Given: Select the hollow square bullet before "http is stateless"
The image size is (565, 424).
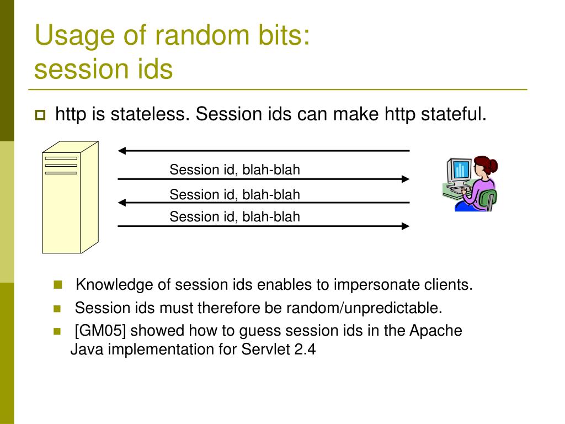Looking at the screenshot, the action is click(40, 115).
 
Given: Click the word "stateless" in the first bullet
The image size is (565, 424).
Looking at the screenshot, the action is click(150, 114).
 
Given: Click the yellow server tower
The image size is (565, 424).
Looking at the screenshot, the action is click(70, 197).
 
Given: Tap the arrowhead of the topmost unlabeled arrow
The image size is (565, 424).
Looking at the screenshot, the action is click(122, 151).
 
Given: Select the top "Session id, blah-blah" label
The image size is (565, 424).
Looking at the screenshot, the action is click(234, 169).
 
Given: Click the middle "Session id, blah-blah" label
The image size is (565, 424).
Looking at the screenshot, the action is click(234, 194).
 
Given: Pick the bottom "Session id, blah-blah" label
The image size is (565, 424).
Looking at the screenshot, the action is click(234, 216).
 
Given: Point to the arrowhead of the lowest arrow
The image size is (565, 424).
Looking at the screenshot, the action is click(406, 226).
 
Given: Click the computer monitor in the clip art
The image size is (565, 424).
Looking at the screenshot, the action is click(459, 171).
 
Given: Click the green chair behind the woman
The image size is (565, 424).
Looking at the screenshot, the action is click(488, 199).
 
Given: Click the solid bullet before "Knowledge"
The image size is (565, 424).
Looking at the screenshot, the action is click(57, 285).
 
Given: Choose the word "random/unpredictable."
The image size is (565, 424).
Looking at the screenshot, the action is click(364, 308).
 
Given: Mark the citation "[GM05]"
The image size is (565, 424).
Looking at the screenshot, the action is click(100, 331).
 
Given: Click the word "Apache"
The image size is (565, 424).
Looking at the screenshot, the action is click(436, 331).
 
